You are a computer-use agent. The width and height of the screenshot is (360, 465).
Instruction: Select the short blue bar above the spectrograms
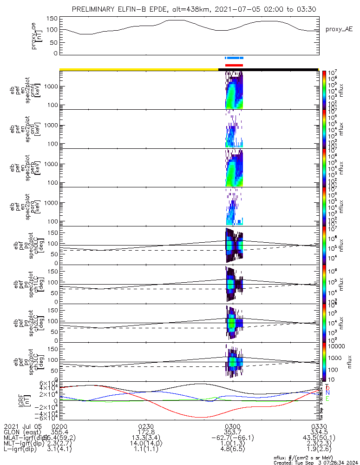click(x=234, y=58)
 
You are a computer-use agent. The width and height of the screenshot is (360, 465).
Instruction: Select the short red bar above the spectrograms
click(x=234, y=65)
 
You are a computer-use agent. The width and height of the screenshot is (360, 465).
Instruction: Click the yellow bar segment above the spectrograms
click(x=139, y=69)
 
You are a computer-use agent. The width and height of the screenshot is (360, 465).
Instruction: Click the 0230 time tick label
click(x=146, y=426)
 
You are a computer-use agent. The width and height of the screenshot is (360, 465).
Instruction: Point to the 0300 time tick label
click(x=232, y=426)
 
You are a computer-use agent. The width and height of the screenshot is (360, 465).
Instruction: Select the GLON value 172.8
click(x=146, y=432)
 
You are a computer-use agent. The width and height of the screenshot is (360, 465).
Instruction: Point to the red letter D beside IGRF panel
click(x=327, y=387)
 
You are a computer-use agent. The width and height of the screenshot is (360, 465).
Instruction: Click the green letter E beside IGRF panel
click(x=327, y=399)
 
